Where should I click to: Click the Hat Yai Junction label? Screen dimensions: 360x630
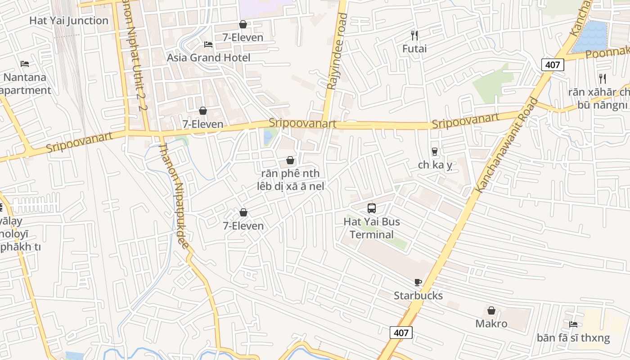point(69,21)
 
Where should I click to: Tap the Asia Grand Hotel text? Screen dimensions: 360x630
point(209,58)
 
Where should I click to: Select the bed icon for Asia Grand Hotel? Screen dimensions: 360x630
point(208,44)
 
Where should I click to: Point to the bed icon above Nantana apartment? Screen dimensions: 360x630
point(25,64)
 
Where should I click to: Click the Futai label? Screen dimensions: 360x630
point(414,48)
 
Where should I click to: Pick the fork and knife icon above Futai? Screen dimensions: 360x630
point(414,35)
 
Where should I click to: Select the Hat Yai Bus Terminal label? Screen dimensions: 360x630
point(372,228)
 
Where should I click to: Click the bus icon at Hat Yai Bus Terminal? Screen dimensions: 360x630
point(372,208)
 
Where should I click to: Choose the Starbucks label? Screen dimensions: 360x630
point(418,296)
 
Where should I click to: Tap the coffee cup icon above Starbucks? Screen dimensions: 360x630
point(418,282)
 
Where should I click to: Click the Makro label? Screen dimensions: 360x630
point(491,324)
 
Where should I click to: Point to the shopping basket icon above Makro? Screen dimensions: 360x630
point(491,310)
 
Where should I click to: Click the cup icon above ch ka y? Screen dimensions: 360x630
point(435,151)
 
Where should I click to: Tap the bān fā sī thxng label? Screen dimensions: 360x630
point(573,337)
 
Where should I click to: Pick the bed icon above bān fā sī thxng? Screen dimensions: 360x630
point(573,324)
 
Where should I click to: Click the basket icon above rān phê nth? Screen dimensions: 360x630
point(290,160)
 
